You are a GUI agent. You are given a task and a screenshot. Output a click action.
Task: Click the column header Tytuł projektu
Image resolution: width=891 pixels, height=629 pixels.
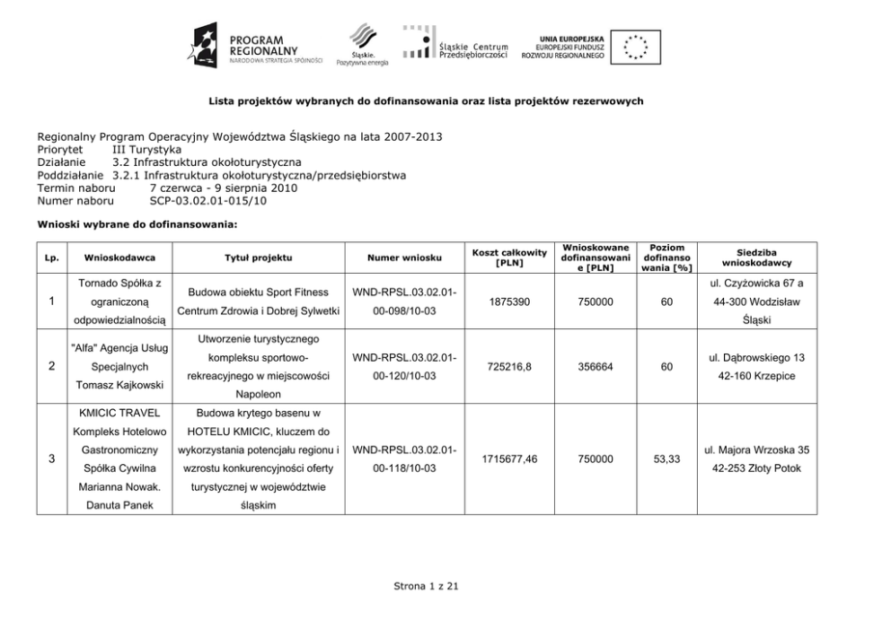258,258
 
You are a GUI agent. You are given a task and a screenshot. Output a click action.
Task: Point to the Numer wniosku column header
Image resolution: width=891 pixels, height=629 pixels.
404,258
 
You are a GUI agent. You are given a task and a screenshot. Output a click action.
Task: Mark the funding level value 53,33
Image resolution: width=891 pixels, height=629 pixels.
666,459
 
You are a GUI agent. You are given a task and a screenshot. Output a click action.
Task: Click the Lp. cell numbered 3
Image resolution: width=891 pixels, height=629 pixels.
51,459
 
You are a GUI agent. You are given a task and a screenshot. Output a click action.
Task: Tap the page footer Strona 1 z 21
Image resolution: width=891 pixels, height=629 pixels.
426,586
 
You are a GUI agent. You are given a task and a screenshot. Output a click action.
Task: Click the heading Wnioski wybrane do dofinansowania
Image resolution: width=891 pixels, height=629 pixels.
137,224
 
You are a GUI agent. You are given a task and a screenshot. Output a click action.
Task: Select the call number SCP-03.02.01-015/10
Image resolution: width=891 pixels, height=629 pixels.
207,201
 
